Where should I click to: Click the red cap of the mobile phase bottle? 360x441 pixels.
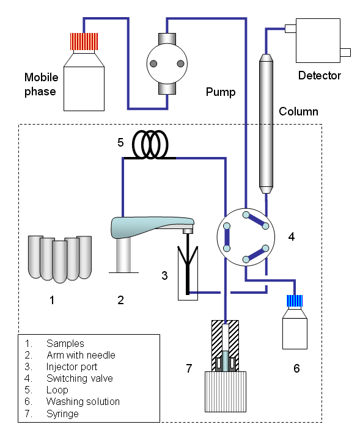pyautogui.click(x=83, y=42)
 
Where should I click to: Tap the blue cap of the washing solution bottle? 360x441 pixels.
pyautogui.click(x=295, y=301)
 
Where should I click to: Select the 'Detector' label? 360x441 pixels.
pyautogui.click(x=319, y=76)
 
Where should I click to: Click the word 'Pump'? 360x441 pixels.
pyautogui.click(x=221, y=92)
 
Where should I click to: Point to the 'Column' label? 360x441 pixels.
pyautogui.click(x=298, y=112)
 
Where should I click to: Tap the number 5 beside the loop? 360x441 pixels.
pyautogui.click(x=120, y=143)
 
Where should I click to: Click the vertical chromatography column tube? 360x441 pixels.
pyautogui.click(x=265, y=122)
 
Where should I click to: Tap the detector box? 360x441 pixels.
pyautogui.click(x=317, y=40)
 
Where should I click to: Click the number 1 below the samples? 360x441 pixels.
pyautogui.click(x=52, y=300)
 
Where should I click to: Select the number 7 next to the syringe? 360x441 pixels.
pyautogui.click(x=189, y=368)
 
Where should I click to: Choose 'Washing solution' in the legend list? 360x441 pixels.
pyautogui.click(x=83, y=401)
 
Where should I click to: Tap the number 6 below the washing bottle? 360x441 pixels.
pyautogui.click(x=296, y=368)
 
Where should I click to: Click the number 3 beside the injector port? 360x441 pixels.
pyautogui.click(x=164, y=275)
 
